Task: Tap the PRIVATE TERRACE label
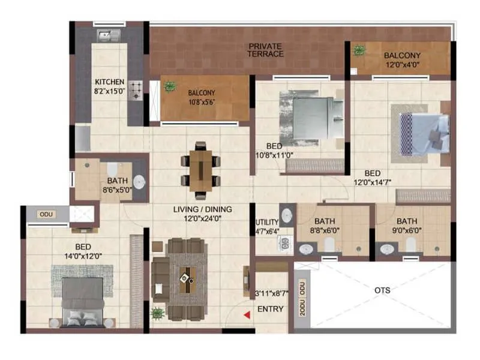pyautogui.click(x=266, y=50)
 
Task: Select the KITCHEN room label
pyautogui.click(x=110, y=82)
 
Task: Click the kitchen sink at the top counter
pyautogui.click(x=109, y=35)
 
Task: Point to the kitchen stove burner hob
pyautogui.click(x=137, y=90)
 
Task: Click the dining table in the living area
pyautogui.click(x=200, y=170)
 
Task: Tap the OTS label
pyautogui.click(x=382, y=290)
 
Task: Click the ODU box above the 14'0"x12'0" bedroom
pyautogui.click(x=46, y=214)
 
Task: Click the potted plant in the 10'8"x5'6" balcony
pyautogui.click(x=170, y=86)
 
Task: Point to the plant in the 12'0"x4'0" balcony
pyautogui.click(x=359, y=50)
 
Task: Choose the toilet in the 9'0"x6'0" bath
pyautogui.click(x=410, y=244)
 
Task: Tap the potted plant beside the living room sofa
pyautogui.click(x=157, y=313)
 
